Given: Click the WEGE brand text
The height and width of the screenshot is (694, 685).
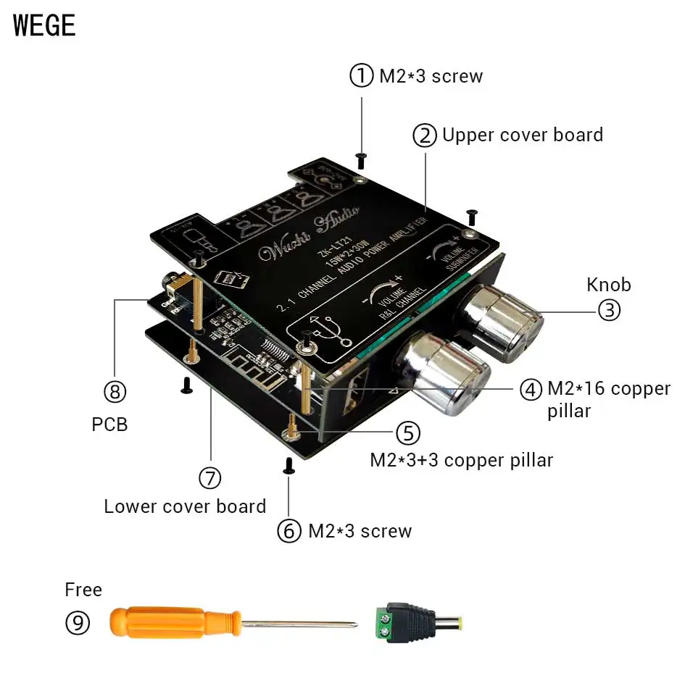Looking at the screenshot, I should [44, 25].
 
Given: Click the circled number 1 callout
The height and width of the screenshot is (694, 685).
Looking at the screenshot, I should [362, 75].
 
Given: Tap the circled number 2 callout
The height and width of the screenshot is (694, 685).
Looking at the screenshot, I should [425, 135].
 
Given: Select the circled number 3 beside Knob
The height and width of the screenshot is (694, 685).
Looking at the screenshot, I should [609, 310].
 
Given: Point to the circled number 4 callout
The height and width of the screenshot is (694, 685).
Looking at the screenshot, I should [531, 389].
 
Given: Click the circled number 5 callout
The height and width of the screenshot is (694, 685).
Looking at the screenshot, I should [407, 432].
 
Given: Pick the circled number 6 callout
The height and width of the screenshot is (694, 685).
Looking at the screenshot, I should [289, 531].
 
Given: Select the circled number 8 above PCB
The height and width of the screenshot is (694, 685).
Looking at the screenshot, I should [115, 392].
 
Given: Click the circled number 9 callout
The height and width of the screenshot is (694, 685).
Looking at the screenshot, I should [78, 623].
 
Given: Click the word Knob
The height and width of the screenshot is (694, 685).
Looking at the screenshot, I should [609, 284].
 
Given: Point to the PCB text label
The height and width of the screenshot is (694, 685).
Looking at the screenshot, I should [109, 424].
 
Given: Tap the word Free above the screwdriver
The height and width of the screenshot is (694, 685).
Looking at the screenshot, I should [83, 590].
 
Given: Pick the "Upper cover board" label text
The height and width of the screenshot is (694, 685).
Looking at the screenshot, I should [522, 135].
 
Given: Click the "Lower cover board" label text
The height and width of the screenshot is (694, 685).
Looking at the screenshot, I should [185, 506].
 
